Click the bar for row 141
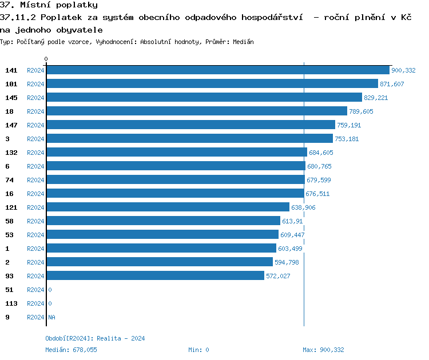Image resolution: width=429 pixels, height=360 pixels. [217, 70]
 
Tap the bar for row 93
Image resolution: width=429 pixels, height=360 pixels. [155, 275]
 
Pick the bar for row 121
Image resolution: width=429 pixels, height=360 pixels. [168, 207]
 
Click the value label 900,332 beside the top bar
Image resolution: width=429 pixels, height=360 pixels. [403, 70]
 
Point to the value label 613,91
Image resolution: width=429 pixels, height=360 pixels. [292, 221]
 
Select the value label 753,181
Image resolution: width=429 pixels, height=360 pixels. [347, 139]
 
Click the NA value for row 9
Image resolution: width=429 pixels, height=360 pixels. [51, 317]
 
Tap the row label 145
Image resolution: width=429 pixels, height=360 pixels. [11, 98]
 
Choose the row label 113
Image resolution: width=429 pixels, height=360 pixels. [11, 303]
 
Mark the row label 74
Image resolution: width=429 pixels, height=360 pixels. [9, 180]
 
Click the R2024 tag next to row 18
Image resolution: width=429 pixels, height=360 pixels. [35, 111]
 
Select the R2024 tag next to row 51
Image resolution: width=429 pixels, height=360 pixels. [35, 290]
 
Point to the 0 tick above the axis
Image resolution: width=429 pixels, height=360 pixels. [46, 59]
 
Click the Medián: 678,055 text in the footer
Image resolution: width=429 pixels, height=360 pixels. [71, 350]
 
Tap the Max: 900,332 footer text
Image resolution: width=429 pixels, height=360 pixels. [323, 350]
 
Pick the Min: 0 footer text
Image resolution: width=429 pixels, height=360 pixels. [198, 350]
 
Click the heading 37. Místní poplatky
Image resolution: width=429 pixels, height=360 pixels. [49, 5]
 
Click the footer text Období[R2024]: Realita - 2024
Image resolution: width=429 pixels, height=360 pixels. [95, 338]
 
